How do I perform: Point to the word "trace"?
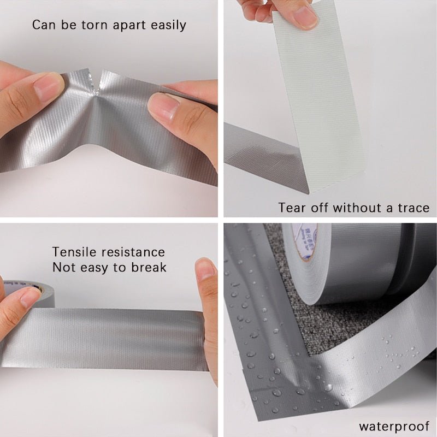[411, 208]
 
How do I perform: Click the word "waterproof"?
[393, 426]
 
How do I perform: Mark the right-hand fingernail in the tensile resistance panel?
[205, 269]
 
